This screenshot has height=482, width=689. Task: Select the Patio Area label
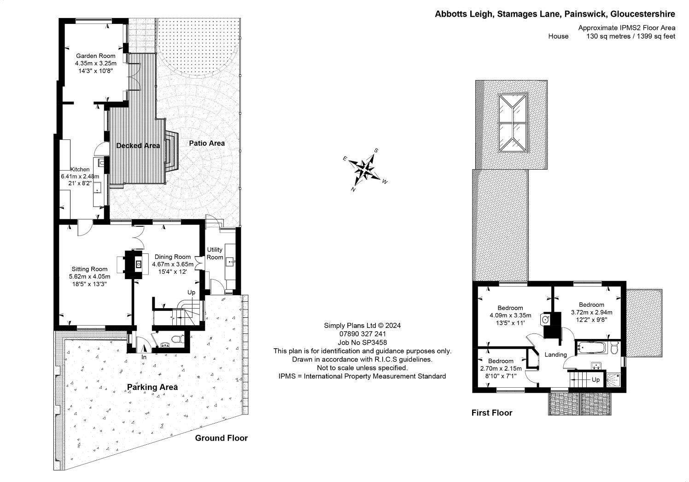[x=207, y=143]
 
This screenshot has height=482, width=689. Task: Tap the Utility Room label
[x=215, y=253]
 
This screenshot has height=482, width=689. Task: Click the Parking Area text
[x=152, y=387]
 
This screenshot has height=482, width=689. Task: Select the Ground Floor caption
[x=221, y=438]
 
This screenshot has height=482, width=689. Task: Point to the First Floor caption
[x=491, y=413]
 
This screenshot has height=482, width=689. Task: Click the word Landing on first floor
[x=555, y=355]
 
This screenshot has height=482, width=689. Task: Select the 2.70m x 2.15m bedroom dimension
[x=501, y=368]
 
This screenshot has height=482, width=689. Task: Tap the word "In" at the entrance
[x=144, y=357]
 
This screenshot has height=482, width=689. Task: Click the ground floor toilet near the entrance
[x=175, y=340]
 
